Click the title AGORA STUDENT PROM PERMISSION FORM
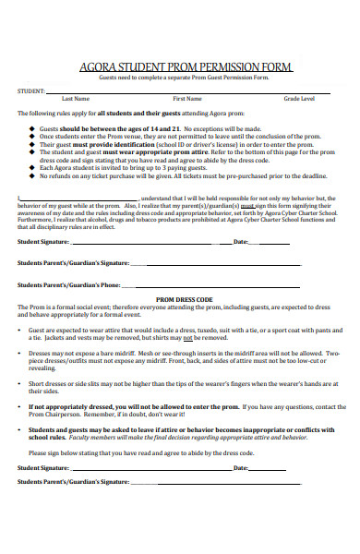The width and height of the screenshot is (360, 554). pyautogui.click(x=185, y=67)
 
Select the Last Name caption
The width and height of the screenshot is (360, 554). pyautogui.click(x=75, y=98)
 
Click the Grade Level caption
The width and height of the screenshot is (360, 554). pyautogui.click(x=298, y=98)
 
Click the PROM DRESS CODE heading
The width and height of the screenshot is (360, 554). pyautogui.click(x=185, y=300)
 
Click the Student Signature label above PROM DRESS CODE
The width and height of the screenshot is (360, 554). pyautogui.click(x=44, y=242)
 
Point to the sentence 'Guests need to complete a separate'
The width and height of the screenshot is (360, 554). pyautogui.click(x=185, y=77)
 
